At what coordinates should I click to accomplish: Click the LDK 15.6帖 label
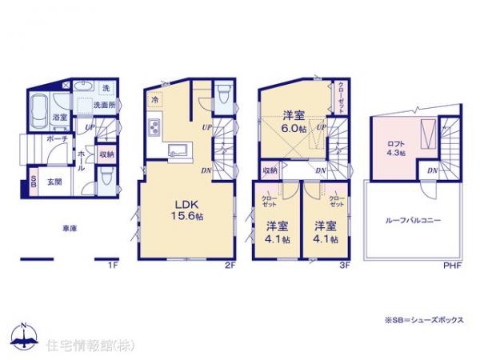coord(184,210)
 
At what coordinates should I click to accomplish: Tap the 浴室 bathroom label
coord(60,118)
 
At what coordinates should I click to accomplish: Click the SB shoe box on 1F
coord(33,181)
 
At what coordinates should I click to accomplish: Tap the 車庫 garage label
coord(70,229)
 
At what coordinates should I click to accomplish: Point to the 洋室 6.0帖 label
coord(292,120)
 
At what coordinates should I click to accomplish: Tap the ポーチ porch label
coord(58,138)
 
